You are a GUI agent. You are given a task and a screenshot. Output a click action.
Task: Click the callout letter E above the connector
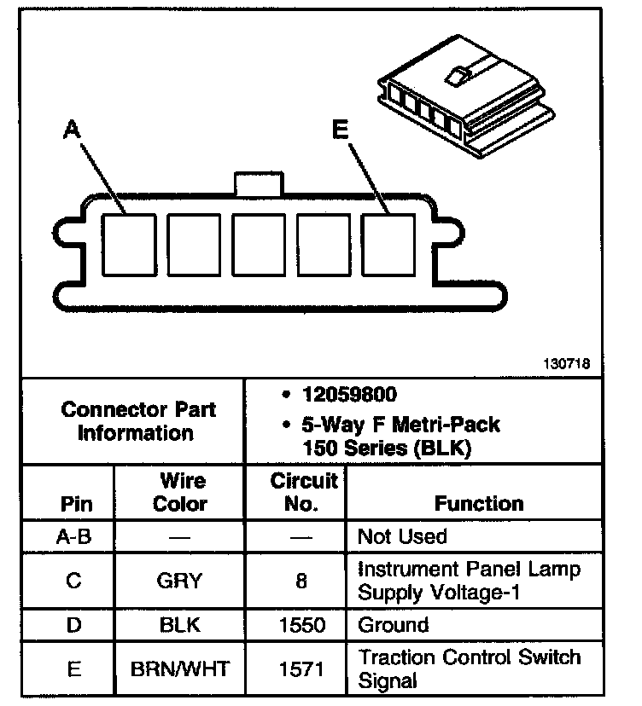340,130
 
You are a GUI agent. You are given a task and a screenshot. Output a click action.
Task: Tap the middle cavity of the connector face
259,246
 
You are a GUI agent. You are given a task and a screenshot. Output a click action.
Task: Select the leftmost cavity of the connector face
129,246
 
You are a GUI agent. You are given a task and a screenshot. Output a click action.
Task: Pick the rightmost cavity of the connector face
388,246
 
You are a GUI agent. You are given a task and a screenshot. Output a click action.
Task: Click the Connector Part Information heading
138,421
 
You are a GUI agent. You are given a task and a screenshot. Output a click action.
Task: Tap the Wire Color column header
179,492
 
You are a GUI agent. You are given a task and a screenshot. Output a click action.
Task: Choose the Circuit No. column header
304,492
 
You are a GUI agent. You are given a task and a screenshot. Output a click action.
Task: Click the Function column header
479,503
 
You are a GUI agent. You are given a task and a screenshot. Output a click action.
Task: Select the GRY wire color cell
179,581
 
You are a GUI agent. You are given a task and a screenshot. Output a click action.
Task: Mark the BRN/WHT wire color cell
179,669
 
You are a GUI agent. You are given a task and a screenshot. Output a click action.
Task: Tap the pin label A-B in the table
73,537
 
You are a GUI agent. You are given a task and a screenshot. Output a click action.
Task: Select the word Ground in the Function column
394,626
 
